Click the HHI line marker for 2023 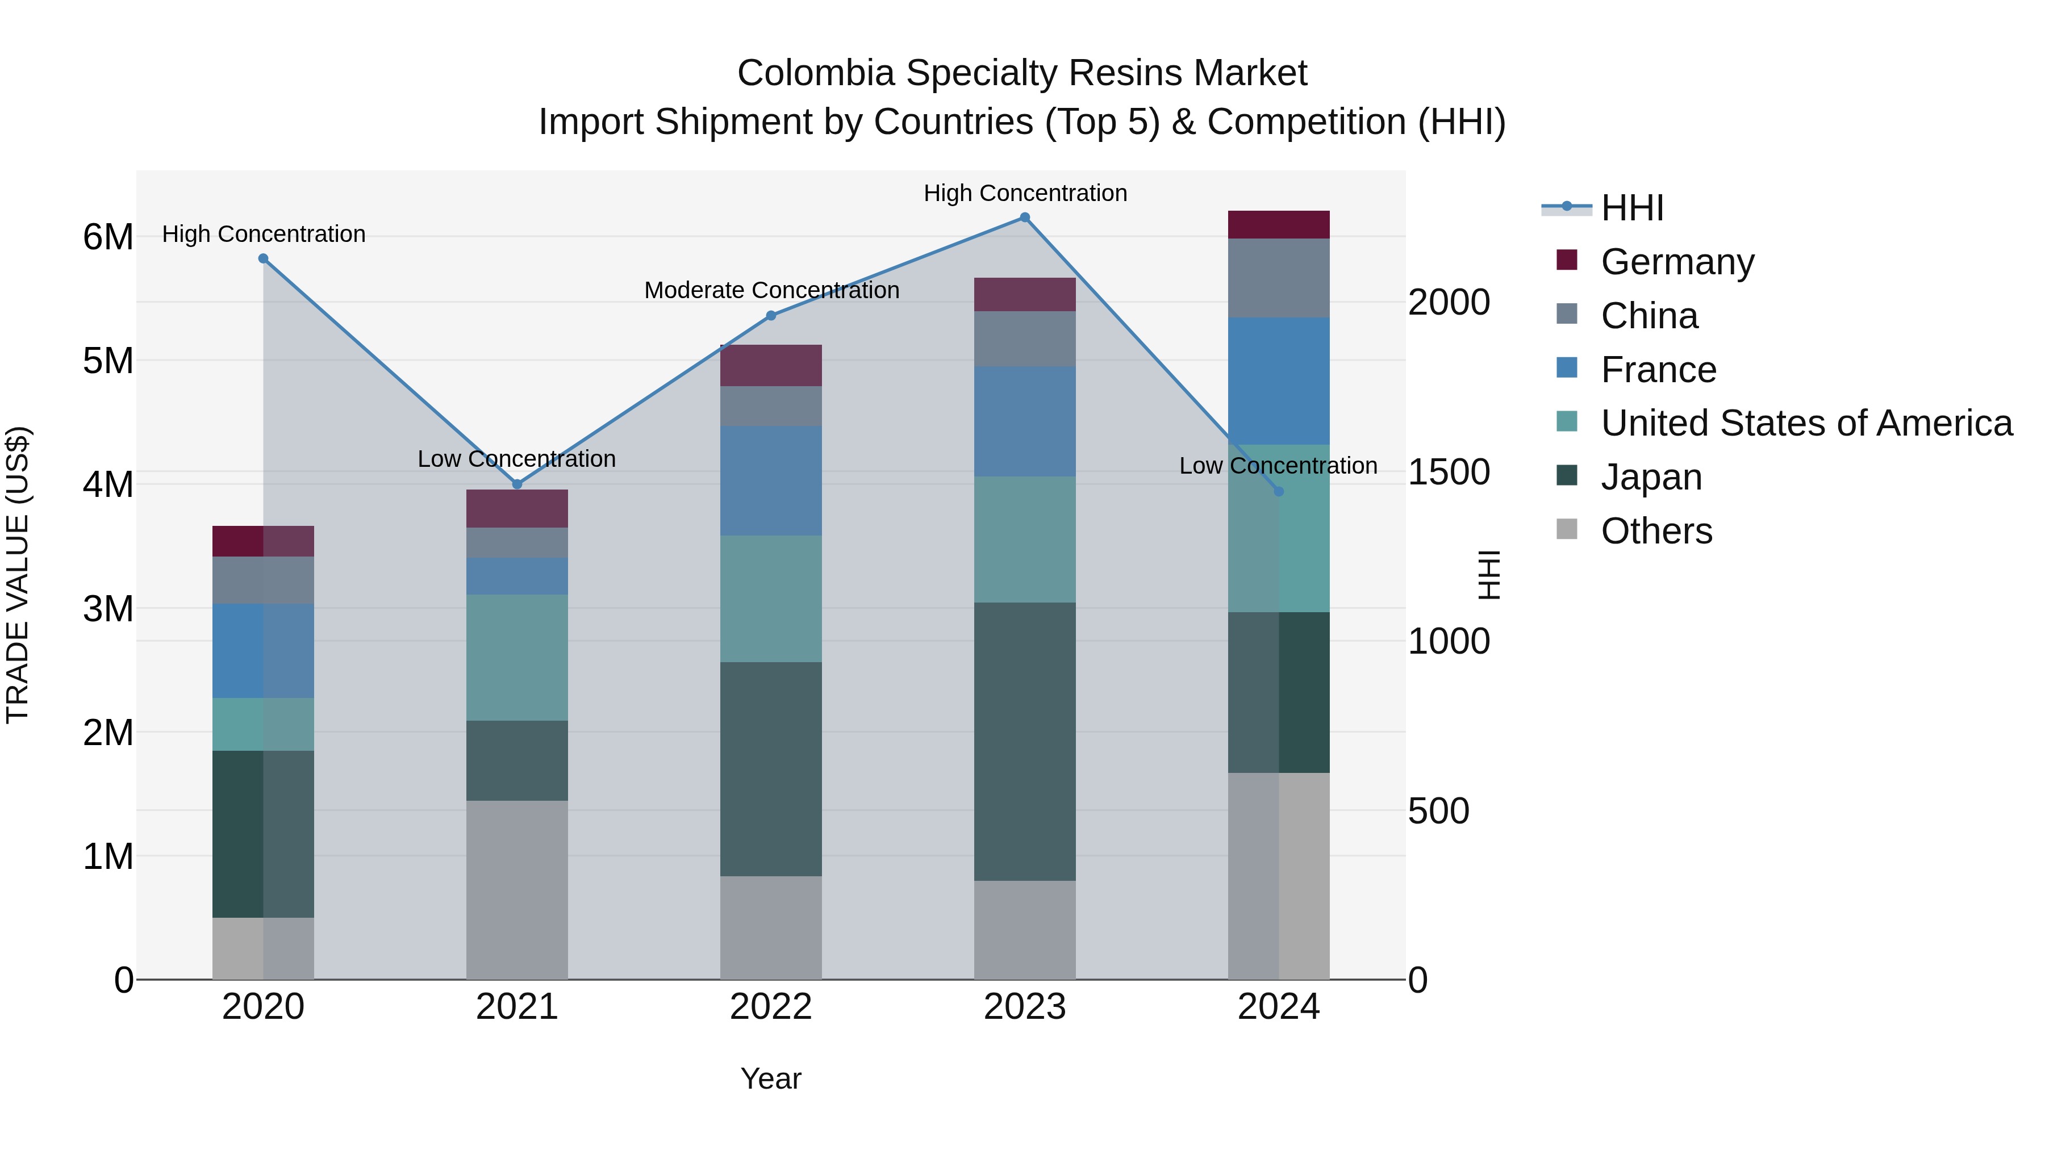1024,218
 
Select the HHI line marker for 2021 517,484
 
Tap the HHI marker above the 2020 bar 264,259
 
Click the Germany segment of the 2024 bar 1278,224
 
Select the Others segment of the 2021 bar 517,890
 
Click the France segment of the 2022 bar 770,481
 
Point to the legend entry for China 1649,316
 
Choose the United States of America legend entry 1806,423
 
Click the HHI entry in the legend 1631,208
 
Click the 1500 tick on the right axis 1449,472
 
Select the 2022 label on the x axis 770,1007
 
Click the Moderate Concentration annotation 771,290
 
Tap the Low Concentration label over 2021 517,459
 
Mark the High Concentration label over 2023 1025,193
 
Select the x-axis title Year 770,1078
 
